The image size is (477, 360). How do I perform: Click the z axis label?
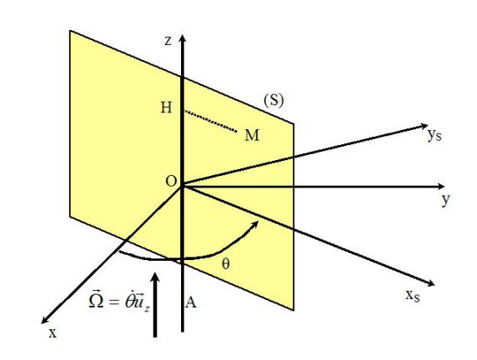coord(168,41)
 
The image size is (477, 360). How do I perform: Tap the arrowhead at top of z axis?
coord(183,39)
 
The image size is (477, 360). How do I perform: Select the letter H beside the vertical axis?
coord(166,107)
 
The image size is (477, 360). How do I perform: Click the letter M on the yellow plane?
coord(252,135)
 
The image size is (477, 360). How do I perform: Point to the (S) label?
coord(274,100)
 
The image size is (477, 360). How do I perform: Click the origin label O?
coord(171,181)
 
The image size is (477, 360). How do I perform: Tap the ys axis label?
coord(434,135)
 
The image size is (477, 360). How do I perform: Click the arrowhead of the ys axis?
coord(424,126)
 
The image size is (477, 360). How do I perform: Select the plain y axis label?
coord(445,199)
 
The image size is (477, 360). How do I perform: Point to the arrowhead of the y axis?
coord(441,187)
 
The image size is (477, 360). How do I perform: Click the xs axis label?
coord(413,295)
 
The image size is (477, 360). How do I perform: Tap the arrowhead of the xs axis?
coord(430,283)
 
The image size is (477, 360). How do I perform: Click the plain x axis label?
coord(53,333)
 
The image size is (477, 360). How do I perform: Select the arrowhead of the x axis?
coord(45,319)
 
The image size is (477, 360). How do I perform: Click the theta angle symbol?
coord(225,264)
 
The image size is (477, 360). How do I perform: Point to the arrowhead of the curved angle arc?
coord(255,224)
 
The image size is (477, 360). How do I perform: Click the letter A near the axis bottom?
coord(190,302)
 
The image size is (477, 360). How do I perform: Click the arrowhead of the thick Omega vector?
coord(155,278)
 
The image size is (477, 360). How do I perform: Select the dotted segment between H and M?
coord(211,122)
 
